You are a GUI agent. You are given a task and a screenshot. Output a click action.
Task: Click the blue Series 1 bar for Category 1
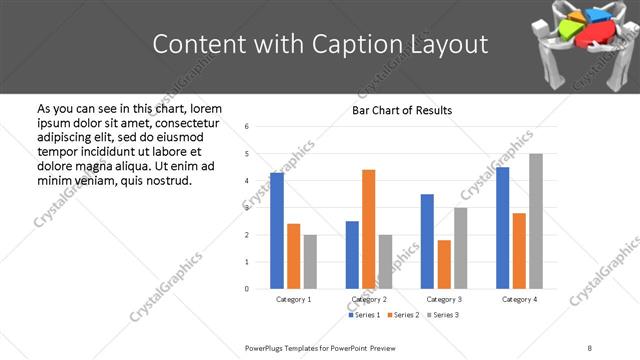pyautogui.click(x=277, y=231)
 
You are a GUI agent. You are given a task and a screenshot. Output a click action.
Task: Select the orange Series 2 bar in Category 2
pyautogui.click(x=368, y=229)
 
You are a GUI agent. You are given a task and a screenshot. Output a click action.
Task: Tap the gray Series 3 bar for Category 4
pyautogui.click(x=536, y=221)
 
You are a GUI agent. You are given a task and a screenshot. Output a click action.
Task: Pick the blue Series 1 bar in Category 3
pyautogui.click(x=427, y=241)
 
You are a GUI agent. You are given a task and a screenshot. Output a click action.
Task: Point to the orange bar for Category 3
pyautogui.click(x=444, y=264)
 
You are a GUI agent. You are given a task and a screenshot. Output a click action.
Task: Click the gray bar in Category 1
pyautogui.click(x=310, y=261)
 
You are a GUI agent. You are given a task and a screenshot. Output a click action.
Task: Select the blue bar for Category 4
pyautogui.click(x=502, y=228)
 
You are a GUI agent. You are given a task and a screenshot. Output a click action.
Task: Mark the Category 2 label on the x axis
pyautogui.click(x=368, y=299)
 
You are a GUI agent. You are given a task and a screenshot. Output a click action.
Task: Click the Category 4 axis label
pyautogui.click(x=519, y=299)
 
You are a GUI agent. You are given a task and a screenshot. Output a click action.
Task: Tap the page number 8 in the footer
pyautogui.click(x=590, y=347)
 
